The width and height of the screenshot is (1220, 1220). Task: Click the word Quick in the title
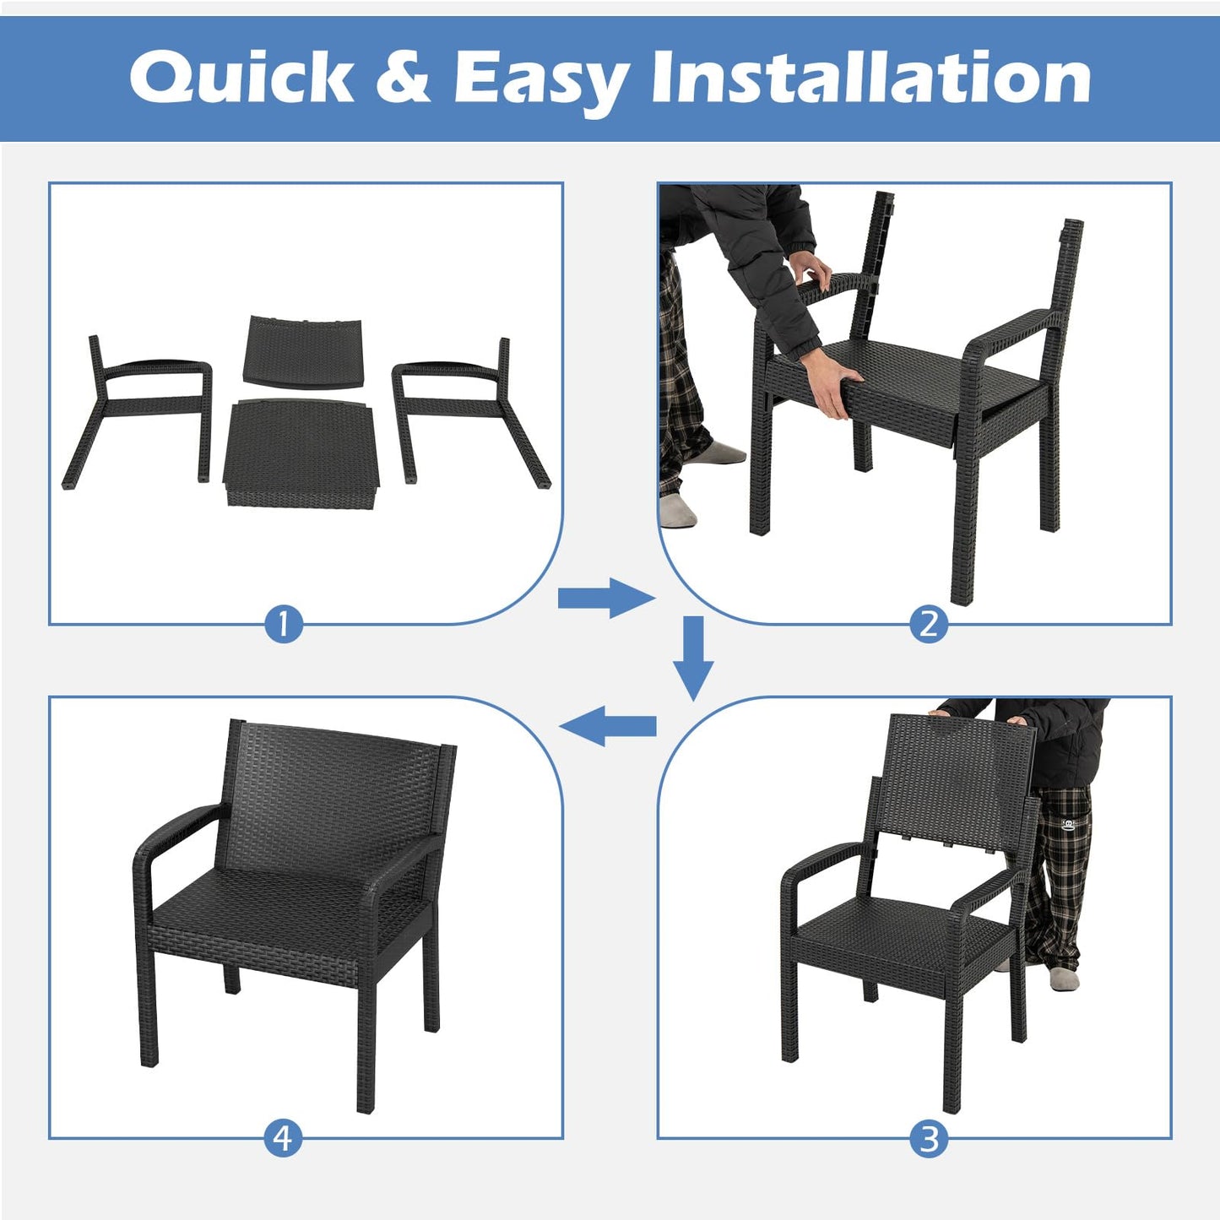click(x=241, y=78)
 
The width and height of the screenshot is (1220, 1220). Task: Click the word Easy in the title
click(x=540, y=78)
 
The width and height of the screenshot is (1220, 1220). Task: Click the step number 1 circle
click(x=284, y=625)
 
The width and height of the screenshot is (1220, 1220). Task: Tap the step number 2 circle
click(x=929, y=625)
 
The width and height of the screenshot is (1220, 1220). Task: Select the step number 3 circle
click(x=929, y=1139)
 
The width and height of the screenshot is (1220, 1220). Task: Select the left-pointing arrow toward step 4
click(x=608, y=726)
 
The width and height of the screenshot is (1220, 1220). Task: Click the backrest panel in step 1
click(x=305, y=350)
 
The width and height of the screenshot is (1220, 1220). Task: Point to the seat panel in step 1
click(x=301, y=452)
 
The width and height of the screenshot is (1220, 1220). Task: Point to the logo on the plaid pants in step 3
click(x=1070, y=823)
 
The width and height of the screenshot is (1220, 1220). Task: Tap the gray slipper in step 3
click(x=1065, y=978)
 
